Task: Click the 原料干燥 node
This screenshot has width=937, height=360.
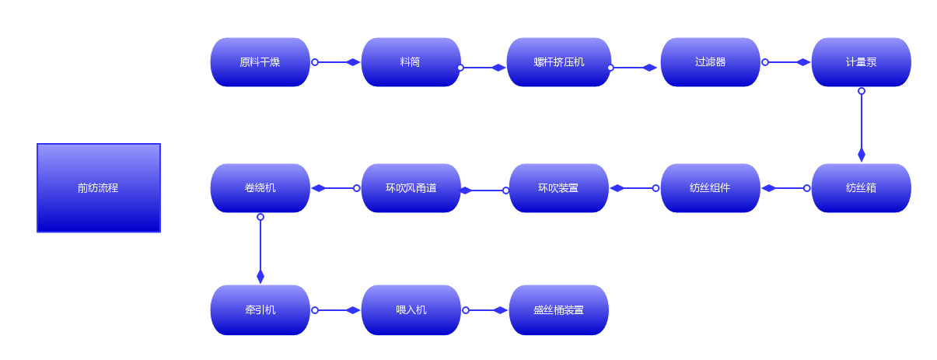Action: (x=260, y=62)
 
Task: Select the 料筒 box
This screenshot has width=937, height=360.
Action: (x=411, y=62)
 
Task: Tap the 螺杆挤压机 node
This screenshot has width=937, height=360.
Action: (x=558, y=62)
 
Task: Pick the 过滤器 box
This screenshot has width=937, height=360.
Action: (x=710, y=62)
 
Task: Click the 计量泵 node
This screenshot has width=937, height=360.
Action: (x=861, y=62)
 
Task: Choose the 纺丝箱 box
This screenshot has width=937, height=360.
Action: (x=861, y=188)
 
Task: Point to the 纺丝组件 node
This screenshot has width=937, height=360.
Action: (x=710, y=188)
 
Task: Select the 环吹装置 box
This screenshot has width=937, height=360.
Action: (x=558, y=188)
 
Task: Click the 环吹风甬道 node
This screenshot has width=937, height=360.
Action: (x=411, y=188)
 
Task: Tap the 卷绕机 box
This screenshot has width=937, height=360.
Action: (x=260, y=188)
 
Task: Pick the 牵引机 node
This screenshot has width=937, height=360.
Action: (x=260, y=310)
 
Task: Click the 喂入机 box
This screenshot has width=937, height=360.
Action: (x=411, y=310)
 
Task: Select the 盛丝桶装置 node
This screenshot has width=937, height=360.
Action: (x=558, y=310)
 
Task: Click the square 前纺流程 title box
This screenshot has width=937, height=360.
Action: (x=99, y=187)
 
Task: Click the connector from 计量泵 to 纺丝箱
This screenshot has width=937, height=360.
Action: (x=861, y=124)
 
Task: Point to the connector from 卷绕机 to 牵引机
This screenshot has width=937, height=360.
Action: (x=260, y=249)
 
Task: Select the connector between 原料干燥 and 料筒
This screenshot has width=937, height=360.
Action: (x=336, y=62)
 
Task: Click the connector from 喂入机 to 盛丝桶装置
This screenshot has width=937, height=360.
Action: (x=486, y=310)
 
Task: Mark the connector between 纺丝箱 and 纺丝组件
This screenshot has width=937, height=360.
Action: (x=786, y=188)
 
